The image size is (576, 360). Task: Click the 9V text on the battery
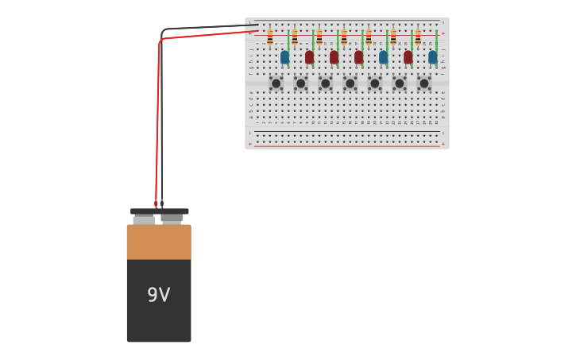pos(158,296)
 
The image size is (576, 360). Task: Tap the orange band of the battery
pos(159,242)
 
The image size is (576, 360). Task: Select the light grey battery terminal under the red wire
pos(144,219)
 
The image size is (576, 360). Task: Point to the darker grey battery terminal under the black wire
pos(172,218)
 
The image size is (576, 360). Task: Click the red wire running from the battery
pos(158,119)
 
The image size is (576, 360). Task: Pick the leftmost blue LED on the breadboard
pos(284,57)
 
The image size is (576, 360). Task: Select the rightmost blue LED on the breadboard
pos(432,57)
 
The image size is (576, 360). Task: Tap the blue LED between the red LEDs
pos(383,57)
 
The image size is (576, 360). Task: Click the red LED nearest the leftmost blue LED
pos(309,57)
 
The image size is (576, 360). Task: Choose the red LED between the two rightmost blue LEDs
pos(408,57)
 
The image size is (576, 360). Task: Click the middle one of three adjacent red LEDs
pos(334,57)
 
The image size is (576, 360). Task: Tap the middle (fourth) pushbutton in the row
pos(350,83)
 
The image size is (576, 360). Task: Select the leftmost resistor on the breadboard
pos(270,37)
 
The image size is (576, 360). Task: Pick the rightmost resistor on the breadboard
pos(418,37)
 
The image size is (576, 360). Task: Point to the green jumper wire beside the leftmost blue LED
pos(289,41)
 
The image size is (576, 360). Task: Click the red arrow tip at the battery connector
pos(156,205)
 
